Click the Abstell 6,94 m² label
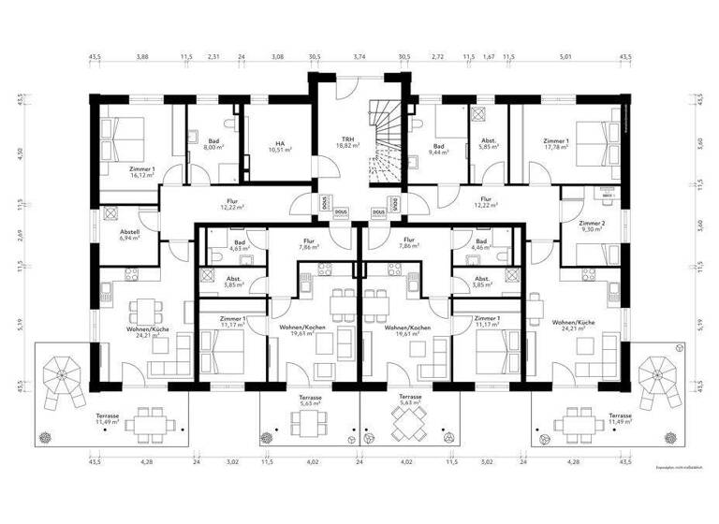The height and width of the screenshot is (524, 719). (x=129, y=236)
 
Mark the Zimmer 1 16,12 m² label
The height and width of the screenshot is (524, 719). (x=141, y=171)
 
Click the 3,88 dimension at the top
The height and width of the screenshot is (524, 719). (x=141, y=58)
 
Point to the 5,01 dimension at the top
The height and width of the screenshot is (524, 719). (x=565, y=58)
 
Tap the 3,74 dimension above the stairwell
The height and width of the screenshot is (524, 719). (x=359, y=58)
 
